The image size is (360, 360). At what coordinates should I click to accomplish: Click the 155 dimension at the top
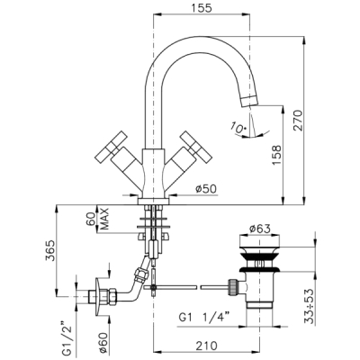201,8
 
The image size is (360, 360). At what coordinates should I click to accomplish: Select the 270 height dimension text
298,120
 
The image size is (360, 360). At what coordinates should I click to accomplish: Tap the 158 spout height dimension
276,155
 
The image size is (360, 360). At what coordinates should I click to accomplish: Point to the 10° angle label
238,128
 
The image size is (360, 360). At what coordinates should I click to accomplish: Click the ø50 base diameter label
205,188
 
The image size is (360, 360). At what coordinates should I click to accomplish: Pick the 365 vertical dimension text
50,250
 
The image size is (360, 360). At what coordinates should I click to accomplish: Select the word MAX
103,219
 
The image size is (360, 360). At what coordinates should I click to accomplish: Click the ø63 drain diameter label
260,229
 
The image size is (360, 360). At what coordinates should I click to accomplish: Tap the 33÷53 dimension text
310,306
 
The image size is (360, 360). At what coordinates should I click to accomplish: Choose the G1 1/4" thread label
204,318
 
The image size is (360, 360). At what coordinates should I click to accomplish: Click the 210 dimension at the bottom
207,346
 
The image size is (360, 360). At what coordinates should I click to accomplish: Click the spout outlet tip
249,102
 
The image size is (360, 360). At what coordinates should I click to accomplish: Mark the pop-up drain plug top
260,241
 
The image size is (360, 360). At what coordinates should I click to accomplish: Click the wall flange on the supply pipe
97,296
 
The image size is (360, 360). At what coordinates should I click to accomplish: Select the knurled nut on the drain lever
232,287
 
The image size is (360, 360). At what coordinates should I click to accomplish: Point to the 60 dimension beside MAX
91,219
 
